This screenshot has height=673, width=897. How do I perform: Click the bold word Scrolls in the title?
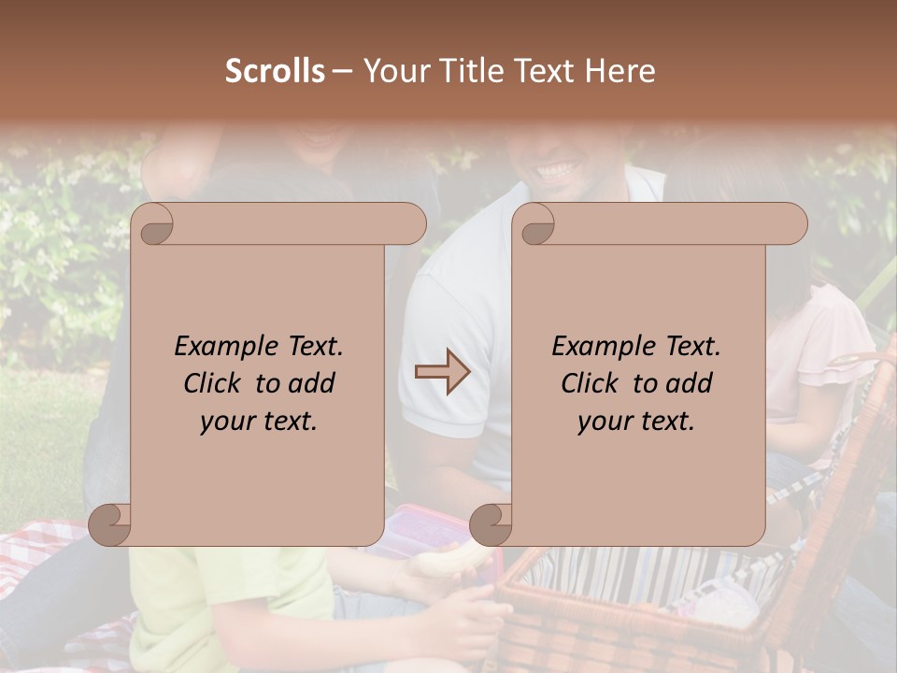(x=276, y=71)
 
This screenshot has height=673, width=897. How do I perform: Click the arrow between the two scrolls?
(x=442, y=372)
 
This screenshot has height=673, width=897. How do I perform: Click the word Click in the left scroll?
(x=212, y=383)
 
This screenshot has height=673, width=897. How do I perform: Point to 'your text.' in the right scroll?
(x=635, y=421)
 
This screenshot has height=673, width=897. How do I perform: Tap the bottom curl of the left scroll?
(x=110, y=524)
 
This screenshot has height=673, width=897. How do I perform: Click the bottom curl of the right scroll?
(x=491, y=524)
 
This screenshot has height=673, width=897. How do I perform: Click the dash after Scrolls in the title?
(x=342, y=72)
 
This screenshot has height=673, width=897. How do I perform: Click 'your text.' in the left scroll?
(x=258, y=421)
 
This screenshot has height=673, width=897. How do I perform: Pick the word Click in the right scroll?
(x=590, y=383)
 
